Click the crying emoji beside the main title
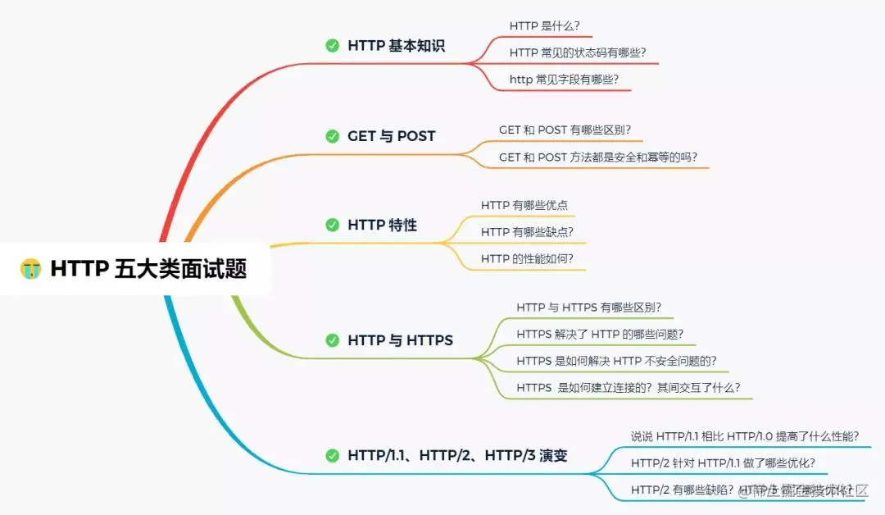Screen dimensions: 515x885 pos(31,268)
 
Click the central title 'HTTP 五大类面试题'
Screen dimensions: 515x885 pos(148,268)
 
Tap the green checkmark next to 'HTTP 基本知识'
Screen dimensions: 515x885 pos(332,46)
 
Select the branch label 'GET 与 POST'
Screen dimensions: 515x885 pos(391,136)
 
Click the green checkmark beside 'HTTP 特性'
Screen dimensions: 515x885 pos(332,225)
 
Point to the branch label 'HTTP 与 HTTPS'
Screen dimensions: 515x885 pos(400,340)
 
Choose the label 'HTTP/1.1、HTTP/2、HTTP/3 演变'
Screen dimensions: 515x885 pos(469,455)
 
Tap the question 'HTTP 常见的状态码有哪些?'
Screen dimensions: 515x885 pos(583,52)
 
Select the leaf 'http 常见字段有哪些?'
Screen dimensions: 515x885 pos(564,80)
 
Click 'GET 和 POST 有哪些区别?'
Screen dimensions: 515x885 pos(565,130)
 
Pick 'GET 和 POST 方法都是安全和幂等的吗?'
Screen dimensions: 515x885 pos(603,157)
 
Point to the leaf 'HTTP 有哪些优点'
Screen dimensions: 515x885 pos(524,205)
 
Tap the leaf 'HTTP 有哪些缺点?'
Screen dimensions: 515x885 pos(527,232)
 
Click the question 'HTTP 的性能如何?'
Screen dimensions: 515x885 pos(527,259)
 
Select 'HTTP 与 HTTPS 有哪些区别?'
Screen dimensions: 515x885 pos(588,308)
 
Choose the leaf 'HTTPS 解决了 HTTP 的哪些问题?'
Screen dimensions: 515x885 pos(600,335)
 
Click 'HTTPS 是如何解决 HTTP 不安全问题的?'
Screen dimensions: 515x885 pos(616,361)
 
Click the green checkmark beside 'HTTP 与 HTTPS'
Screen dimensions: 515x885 pos(332,340)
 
